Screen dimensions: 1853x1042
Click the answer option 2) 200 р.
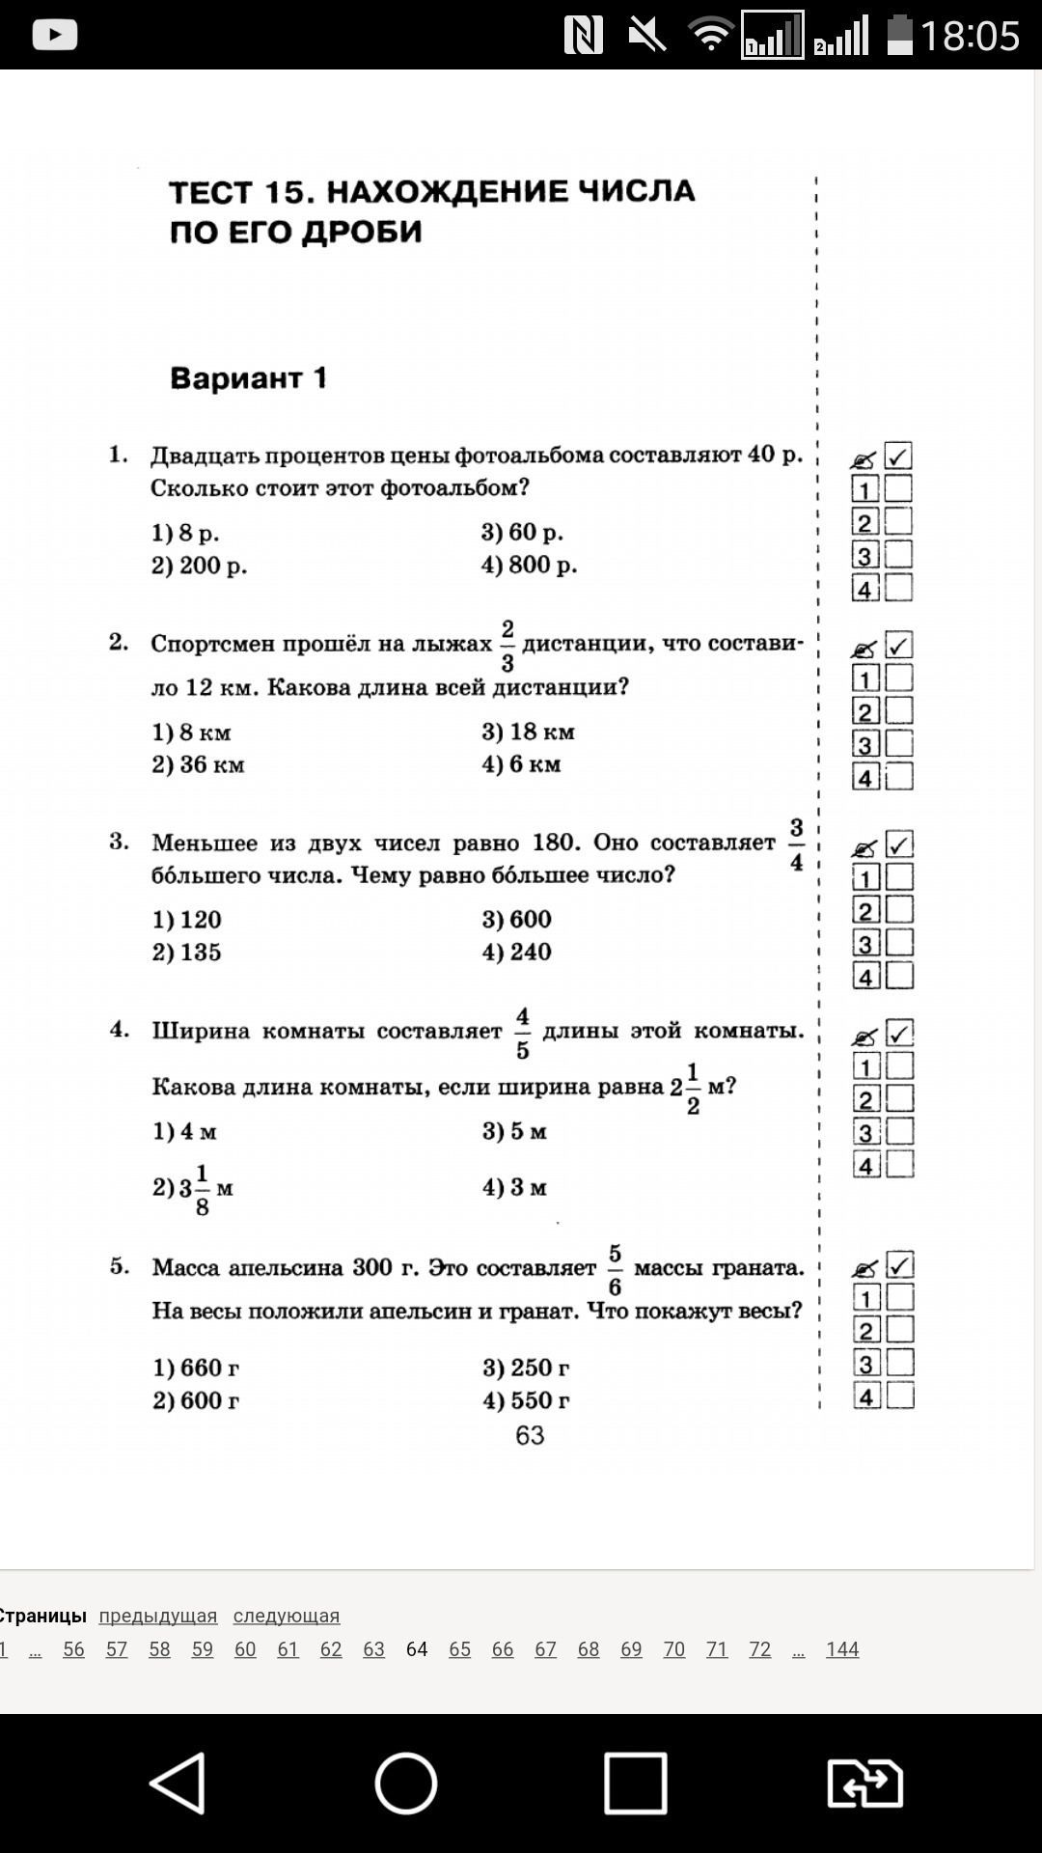200,566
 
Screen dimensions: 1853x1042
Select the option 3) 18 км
529,732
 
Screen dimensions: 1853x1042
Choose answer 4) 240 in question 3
517,952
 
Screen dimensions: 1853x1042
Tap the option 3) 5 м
515,1131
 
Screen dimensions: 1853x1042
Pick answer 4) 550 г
527,1400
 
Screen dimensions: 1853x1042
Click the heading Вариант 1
249,377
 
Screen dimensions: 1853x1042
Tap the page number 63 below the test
530,1435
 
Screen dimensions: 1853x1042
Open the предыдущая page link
158,1616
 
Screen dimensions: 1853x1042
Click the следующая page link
287,1616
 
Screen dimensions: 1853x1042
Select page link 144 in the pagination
842,1649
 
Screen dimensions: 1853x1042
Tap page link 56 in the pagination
73,1649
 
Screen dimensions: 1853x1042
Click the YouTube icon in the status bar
55,35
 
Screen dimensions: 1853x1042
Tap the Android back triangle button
178,1783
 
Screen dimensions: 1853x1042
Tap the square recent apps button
635,1783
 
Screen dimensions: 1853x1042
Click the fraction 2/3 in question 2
507,645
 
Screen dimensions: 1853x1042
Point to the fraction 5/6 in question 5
615,1269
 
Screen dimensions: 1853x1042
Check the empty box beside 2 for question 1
899,522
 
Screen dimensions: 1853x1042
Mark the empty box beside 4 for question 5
900,1396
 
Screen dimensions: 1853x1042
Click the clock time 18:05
970,37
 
